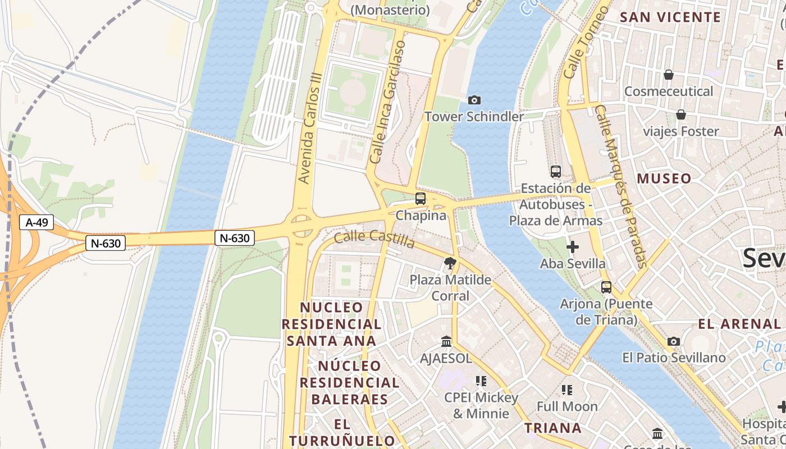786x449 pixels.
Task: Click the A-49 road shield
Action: coord(37,222)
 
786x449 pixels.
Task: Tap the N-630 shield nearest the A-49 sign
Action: coord(106,243)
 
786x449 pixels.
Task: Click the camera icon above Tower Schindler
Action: coord(474,100)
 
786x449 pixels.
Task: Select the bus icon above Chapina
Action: coord(421,198)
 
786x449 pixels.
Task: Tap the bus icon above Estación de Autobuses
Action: coord(556,171)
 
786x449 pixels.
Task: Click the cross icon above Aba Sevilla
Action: coord(573,246)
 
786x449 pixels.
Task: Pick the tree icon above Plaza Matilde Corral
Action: coord(450,263)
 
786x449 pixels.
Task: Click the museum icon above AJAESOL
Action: coord(446,341)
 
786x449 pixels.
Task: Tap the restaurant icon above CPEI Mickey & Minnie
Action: coord(481,381)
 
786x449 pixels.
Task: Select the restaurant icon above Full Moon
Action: coord(567,390)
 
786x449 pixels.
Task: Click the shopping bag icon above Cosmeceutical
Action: coord(669,75)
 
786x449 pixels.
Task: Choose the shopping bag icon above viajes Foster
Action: coord(681,114)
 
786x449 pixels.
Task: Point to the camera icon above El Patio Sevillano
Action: coord(674,341)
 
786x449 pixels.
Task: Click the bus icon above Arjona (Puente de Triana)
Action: coord(606,287)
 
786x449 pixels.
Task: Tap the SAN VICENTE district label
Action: coord(670,17)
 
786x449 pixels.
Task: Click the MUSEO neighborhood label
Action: coord(664,179)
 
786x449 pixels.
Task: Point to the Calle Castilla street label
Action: coord(374,239)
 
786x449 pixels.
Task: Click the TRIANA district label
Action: coord(553,428)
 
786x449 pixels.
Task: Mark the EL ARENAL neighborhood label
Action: coord(739,324)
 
